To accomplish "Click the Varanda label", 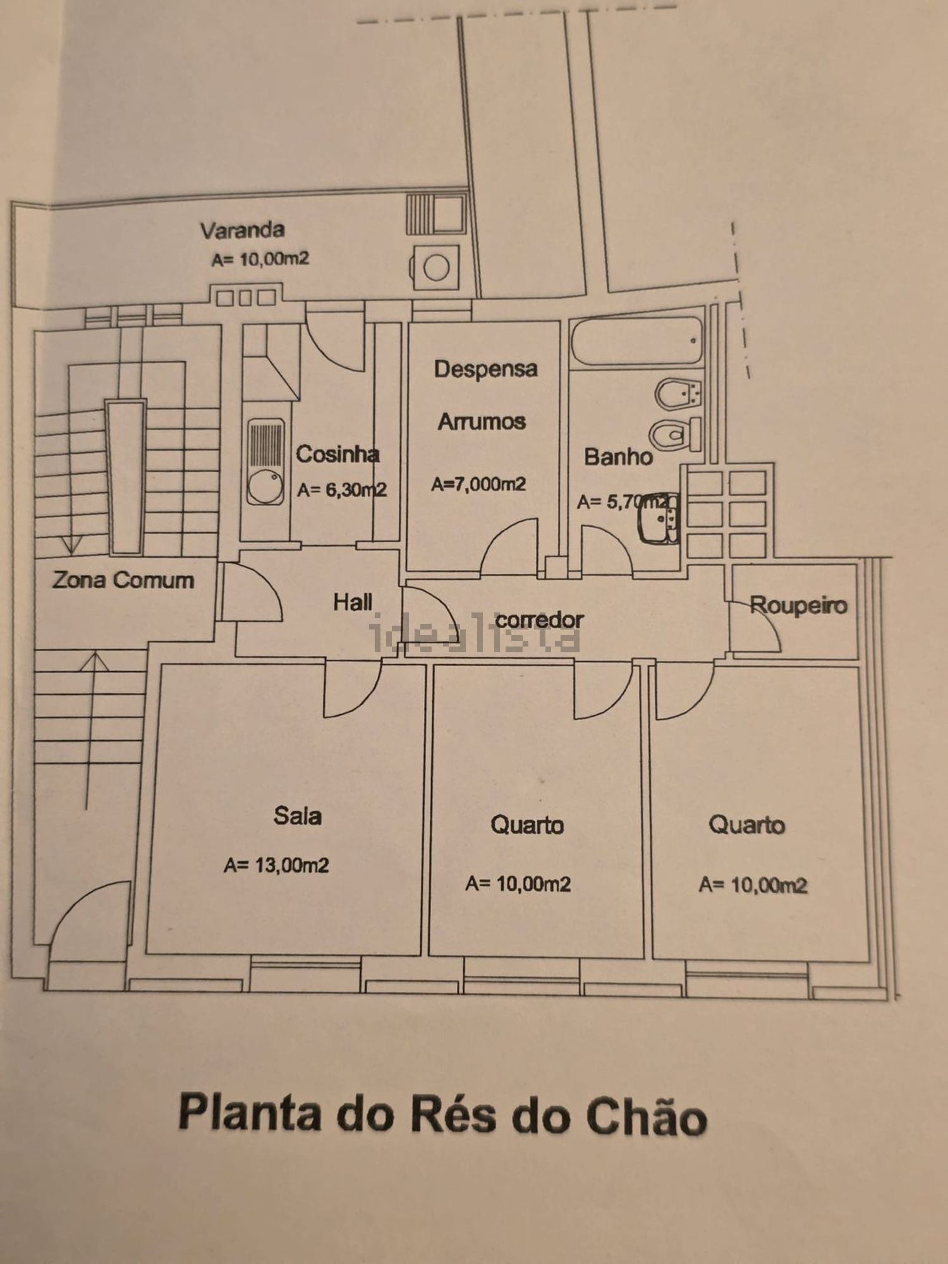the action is (243, 230).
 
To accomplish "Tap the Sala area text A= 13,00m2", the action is (276, 865).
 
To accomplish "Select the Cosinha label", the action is (337, 454).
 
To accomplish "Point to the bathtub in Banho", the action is (637, 341).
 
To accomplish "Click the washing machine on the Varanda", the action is (435, 267).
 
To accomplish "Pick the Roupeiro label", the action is (798, 605).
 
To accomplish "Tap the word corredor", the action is (539, 620).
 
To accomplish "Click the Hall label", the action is (353, 602).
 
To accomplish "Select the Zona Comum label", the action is (123, 580).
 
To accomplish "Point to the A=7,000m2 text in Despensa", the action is (478, 484).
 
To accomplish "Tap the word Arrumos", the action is (482, 422).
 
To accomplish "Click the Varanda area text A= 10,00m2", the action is (260, 259).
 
